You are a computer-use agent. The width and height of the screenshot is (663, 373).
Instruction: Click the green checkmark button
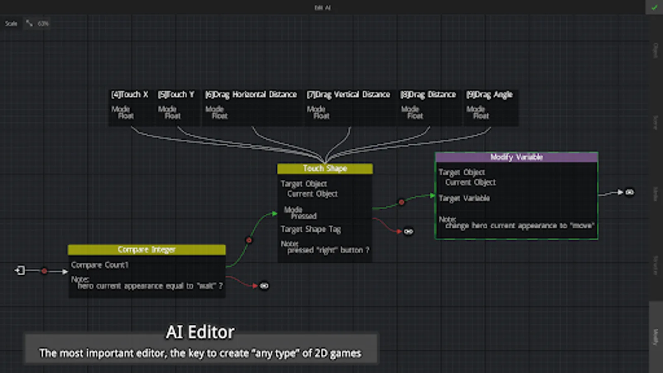[654, 7]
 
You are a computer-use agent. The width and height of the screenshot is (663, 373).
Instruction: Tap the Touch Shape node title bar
[325, 169]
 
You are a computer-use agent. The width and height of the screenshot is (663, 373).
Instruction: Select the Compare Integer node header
[147, 249]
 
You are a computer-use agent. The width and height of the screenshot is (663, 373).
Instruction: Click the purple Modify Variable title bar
[516, 157]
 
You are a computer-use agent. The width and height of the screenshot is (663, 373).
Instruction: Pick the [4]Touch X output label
[130, 95]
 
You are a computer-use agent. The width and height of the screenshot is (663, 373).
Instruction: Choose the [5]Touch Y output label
[176, 95]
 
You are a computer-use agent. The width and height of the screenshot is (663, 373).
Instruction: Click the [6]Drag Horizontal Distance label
[251, 95]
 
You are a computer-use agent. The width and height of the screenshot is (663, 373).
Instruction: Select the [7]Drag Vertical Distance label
[348, 95]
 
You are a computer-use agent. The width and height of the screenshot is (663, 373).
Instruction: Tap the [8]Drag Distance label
[428, 95]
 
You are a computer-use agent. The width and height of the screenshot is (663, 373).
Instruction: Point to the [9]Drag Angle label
[489, 95]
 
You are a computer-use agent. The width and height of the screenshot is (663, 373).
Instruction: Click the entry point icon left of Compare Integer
[20, 271]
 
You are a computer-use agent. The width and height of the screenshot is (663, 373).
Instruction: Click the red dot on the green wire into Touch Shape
[249, 240]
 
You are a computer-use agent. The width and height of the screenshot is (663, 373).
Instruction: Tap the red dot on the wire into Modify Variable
[401, 202]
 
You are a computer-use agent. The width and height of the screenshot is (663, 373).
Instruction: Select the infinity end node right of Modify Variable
[629, 192]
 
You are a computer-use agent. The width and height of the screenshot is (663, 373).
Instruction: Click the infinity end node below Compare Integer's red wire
[264, 286]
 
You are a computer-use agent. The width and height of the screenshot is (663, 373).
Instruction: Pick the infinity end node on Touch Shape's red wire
[408, 232]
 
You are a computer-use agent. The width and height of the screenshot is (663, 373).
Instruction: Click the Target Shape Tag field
[311, 229]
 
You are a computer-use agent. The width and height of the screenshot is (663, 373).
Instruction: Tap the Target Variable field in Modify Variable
[464, 199]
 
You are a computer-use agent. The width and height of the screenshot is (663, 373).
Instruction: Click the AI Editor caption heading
[200, 332]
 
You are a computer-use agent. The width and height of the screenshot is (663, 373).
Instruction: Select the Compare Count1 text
[100, 265]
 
